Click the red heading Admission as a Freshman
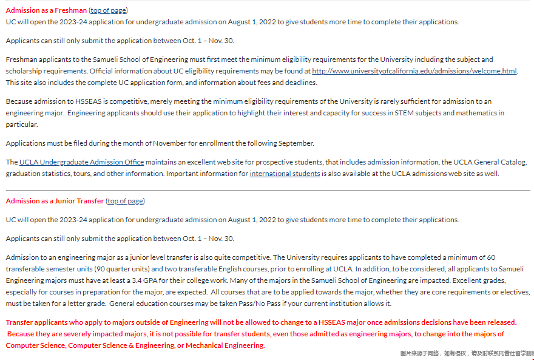click(x=46, y=10)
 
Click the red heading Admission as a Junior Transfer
click(x=55, y=201)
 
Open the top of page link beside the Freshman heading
click(x=109, y=10)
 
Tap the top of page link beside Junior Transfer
click(x=126, y=201)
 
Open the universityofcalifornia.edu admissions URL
click(x=414, y=71)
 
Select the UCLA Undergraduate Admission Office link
click(x=81, y=162)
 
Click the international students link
click(x=285, y=174)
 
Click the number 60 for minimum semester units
click(x=490, y=257)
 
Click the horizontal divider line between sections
click(x=267, y=190)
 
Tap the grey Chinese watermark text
click(x=466, y=353)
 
